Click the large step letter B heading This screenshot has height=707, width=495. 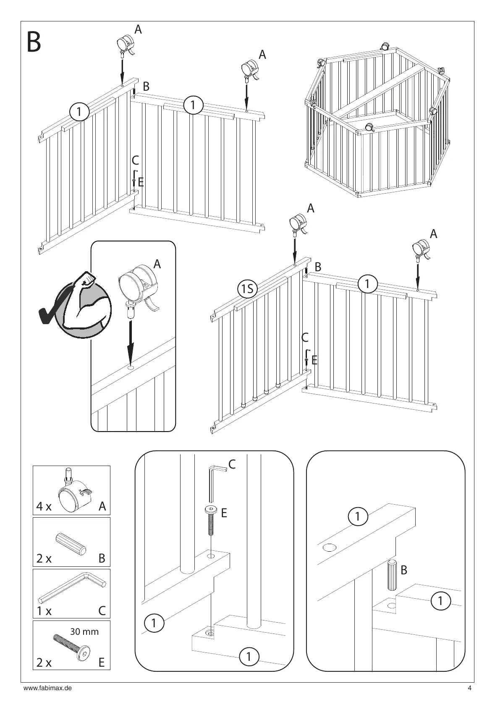[34, 42]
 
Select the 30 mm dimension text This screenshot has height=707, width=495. [84, 631]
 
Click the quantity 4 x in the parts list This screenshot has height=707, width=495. [44, 507]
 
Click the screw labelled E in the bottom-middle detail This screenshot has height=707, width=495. [210, 521]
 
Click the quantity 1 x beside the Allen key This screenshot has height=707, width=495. [44, 611]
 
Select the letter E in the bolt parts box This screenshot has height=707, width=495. [101, 662]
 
